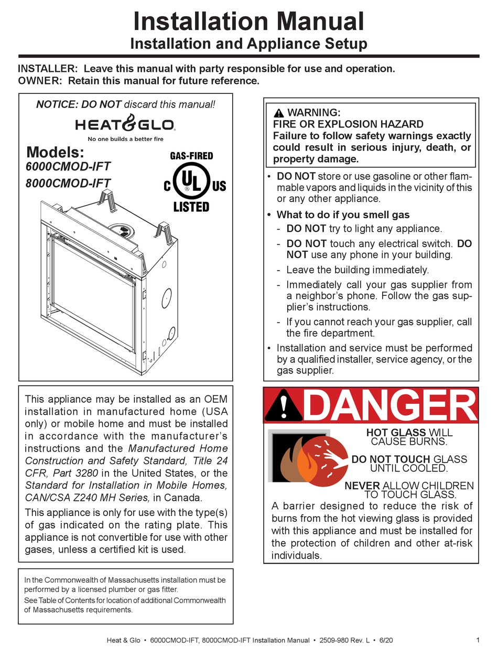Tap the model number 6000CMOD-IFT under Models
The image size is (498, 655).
click(68, 167)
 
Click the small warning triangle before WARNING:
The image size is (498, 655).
click(278, 113)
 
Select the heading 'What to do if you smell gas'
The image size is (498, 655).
click(343, 214)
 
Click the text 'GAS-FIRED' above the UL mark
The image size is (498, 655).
click(191, 156)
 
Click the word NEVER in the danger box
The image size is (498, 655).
click(362, 486)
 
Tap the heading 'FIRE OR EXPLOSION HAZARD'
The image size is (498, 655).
click(348, 124)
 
